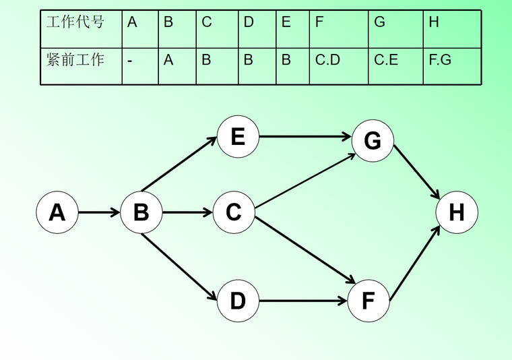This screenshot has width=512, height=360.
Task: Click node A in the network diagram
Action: coord(57,212)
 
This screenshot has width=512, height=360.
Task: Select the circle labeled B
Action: coord(141,212)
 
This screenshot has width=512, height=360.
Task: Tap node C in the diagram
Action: coord(233,212)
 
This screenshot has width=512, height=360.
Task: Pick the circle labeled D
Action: coord(237,301)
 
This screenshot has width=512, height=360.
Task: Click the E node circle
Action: coord(237,137)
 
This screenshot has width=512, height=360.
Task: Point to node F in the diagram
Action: coord(369,301)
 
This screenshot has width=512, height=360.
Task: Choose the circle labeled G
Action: coord(373,140)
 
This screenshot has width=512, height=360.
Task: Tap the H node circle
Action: coord(457,212)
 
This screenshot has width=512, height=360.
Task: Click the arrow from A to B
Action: coord(99,212)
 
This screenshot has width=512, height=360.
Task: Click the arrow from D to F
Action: coord(303,301)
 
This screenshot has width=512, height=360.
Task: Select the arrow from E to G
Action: coord(305,137)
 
